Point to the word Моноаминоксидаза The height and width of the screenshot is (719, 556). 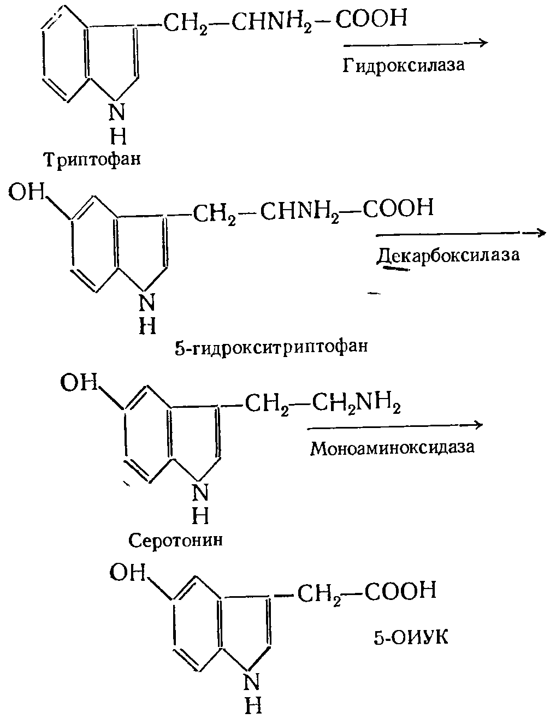coord(392,448)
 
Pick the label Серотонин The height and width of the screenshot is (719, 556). coord(176,540)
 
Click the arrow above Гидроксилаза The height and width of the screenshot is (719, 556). coord(415,43)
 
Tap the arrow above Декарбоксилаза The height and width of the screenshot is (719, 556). coord(460,233)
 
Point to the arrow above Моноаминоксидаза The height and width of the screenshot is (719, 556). coord(395,425)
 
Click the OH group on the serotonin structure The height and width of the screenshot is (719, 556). coord(78,383)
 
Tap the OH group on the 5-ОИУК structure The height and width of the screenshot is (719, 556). coord(128,573)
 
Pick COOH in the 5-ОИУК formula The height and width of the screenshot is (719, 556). coord(401,591)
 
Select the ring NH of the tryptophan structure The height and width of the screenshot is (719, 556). coord(117,122)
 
